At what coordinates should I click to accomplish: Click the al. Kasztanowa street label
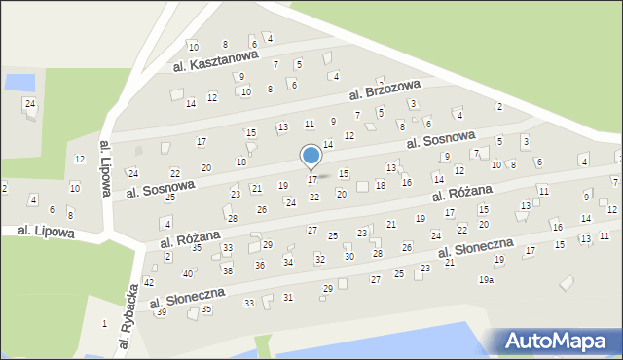(x=215, y=61)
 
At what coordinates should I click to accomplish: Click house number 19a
(x=486, y=280)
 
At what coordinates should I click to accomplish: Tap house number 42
(x=149, y=282)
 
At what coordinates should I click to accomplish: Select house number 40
(x=188, y=273)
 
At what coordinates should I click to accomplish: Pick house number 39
(x=161, y=312)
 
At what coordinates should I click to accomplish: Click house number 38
(x=227, y=270)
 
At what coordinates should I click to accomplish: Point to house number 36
(x=259, y=265)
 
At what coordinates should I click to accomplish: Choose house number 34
(x=288, y=262)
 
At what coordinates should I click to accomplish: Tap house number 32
(x=319, y=259)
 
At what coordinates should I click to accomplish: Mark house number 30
(x=348, y=257)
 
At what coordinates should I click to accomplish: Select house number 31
(x=287, y=297)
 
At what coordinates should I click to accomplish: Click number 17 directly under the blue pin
(x=311, y=180)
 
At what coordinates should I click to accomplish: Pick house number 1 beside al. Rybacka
(x=104, y=323)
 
